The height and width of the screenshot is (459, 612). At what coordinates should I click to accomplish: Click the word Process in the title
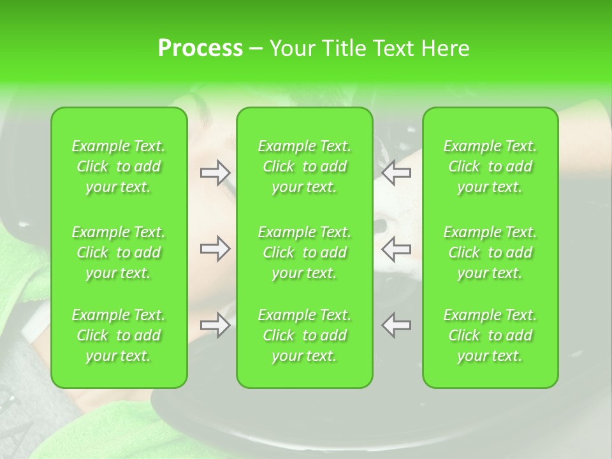pyautogui.click(x=200, y=48)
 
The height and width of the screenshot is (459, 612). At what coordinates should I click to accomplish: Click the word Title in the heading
pyautogui.click(x=340, y=48)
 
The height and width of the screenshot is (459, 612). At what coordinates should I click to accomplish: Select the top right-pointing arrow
pyautogui.click(x=215, y=172)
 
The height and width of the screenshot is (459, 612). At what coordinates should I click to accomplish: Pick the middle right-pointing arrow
pyautogui.click(x=215, y=249)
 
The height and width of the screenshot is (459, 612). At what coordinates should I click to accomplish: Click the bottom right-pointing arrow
pyautogui.click(x=215, y=325)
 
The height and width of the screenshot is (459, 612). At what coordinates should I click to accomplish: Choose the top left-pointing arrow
pyautogui.click(x=397, y=172)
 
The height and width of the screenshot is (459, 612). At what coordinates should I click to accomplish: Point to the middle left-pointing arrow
pyautogui.click(x=397, y=249)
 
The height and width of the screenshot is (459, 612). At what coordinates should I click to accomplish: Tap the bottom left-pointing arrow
pyautogui.click(x=397, y=325)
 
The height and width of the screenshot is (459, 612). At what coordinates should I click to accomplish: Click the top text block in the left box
pyautogui.click(x=119, y=166)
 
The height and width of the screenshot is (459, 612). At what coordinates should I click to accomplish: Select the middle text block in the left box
pyautogui.click(x=119, y=252)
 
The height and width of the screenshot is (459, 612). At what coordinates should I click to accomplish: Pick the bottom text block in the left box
pyautogui.click(x=119, y=335)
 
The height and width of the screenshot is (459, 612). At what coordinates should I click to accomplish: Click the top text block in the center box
pyautogui.click(x=305, y=166)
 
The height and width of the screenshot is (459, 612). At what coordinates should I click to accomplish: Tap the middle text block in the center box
pyautogui.click(x=305, y=252)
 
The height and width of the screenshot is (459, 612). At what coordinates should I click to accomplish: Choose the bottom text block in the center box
pyautogui.click(x=305, y=335)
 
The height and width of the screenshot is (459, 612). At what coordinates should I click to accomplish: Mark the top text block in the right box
pyautogui.click(x=490, y=166)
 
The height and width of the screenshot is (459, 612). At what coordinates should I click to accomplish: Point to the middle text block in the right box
pyautogui.click(x=490, y=252)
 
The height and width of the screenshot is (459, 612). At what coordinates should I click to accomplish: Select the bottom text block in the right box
pyautogui.click(x=490, y=335)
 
